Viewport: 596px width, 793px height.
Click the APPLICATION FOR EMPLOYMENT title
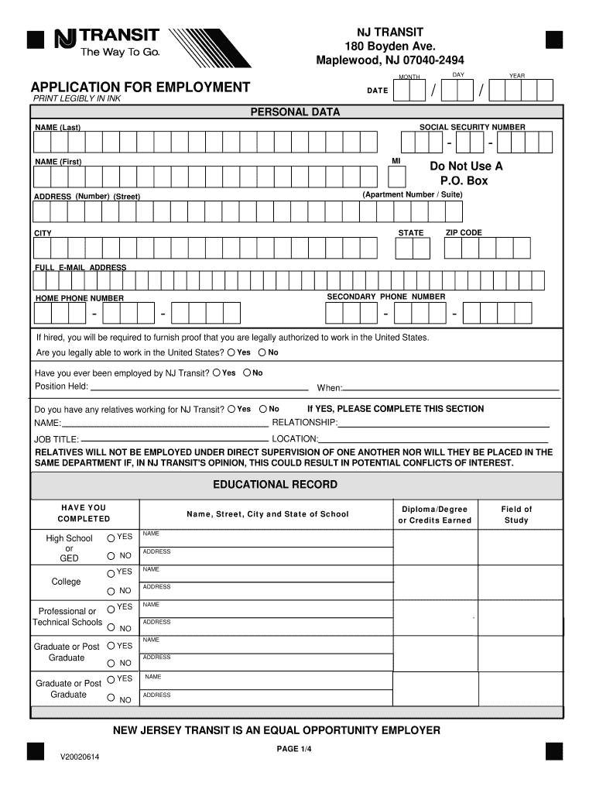coord(140,87)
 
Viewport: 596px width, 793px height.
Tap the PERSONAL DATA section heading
coord(294,112)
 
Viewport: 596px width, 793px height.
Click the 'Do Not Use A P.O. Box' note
coord(466,173)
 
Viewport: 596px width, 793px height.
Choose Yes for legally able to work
coord(231,352)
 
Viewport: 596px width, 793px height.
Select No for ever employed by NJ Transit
coord(247,372)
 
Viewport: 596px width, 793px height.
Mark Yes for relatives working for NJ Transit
coord(231,409)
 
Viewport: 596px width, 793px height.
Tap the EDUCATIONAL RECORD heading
coord(275,485)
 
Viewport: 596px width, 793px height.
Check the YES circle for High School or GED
coord(112,537)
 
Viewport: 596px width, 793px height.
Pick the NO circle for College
coord(112,590)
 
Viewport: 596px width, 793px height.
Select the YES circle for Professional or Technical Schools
coord(112,608)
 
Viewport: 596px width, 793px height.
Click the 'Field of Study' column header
coord(516,514)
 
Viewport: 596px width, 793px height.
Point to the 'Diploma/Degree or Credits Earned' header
coord(434,514)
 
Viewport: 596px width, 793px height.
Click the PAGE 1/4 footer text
coord(294,749)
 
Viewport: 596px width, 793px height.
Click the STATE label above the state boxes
coord(411,232)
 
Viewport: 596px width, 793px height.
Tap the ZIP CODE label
coord(464,232)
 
